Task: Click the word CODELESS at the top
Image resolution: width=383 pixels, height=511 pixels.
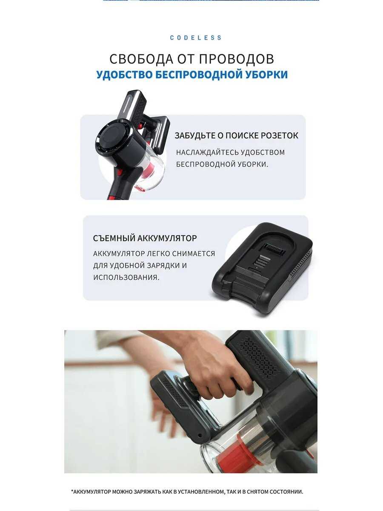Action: tap(196, 38)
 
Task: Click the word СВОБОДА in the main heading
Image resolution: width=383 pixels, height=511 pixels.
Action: tap(141, 59)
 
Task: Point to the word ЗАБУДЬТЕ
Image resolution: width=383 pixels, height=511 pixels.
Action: tap(194, 135)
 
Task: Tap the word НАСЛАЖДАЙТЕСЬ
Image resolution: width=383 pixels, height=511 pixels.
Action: tap(207, 152)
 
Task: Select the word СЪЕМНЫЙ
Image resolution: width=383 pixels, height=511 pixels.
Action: tap(114, 238)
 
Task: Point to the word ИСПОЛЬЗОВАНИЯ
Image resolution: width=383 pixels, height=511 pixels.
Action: tap(126, 277)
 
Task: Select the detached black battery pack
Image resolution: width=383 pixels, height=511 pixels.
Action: tap(262, 266)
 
